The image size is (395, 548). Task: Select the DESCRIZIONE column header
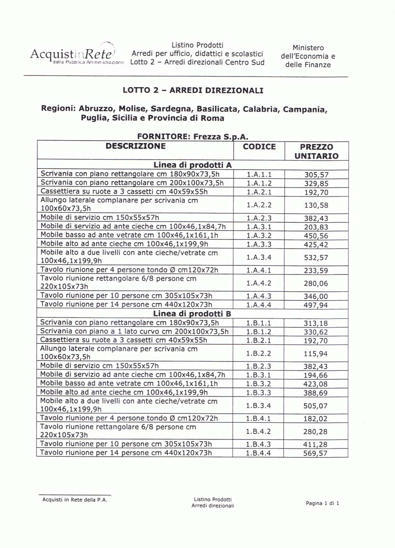tap(136, 146)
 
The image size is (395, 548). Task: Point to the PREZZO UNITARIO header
tap(316, 151)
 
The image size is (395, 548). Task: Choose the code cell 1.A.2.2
tap(259, 204)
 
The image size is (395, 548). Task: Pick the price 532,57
tap(316, 258)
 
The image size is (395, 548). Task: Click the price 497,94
tap(316, 305)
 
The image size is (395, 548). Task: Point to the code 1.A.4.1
tap(259, 270)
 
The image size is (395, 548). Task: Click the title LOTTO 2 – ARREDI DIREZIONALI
tap(192, 90)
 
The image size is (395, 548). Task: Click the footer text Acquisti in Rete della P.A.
tap(75, 500)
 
